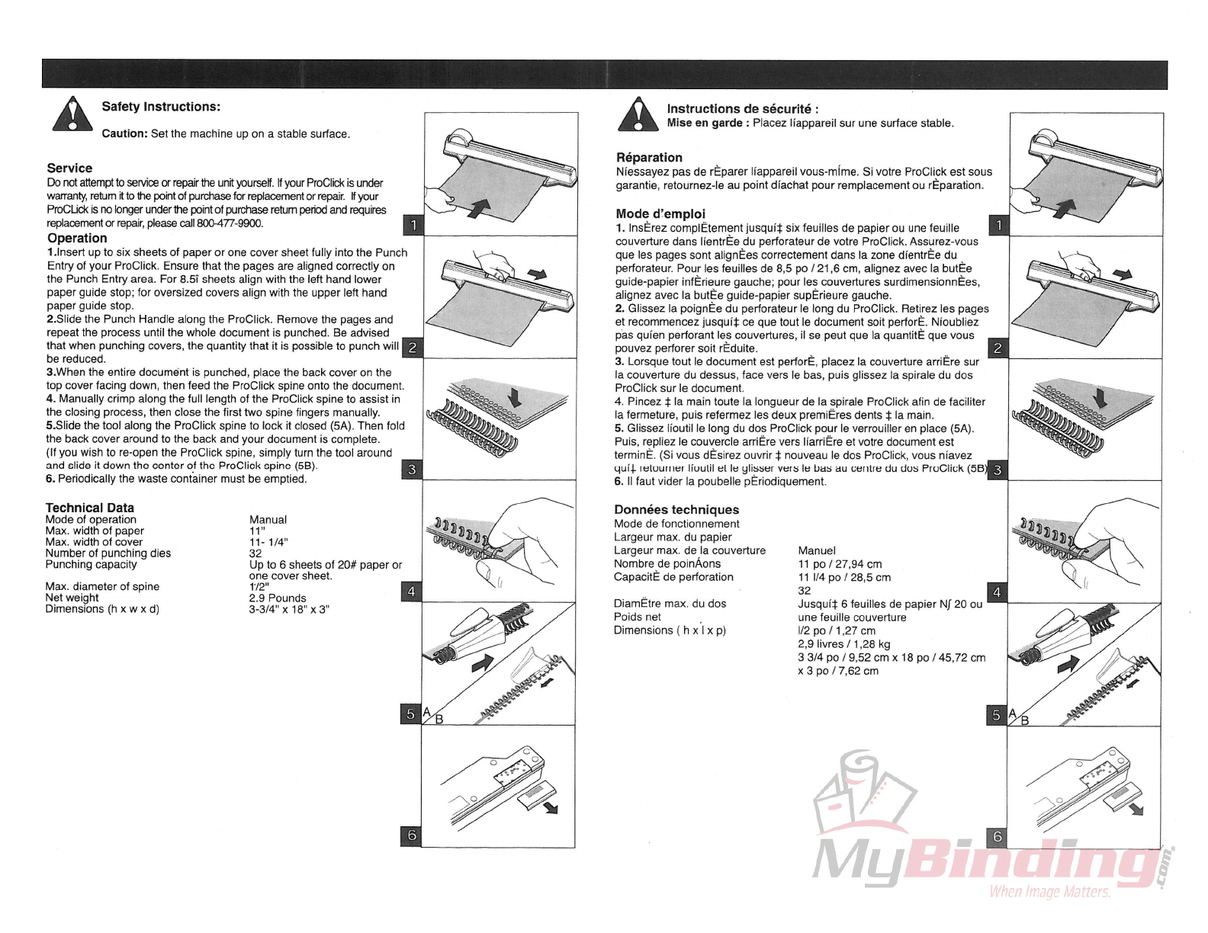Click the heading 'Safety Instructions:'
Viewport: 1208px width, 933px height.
tap(161, 107)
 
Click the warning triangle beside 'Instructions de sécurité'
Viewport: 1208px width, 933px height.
tap(638, 114)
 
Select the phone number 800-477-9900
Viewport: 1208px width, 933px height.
tap(230, 223)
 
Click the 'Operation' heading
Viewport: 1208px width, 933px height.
tap(77, 238)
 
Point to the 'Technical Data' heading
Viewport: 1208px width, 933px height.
tap(90, 508)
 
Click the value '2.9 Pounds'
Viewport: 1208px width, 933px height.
tap(278, 598)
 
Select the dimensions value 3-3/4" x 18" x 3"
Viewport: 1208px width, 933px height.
tap(289, 609)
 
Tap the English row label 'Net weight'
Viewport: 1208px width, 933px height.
tap(72, 598)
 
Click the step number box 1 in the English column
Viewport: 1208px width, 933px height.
tap(413, 225)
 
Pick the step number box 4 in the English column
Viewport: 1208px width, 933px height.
tap(412, 592)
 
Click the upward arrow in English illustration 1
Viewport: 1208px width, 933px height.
tap(477, 206)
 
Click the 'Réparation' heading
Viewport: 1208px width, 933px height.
tap(649, 158)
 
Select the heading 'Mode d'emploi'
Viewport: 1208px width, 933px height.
tap(660, 214)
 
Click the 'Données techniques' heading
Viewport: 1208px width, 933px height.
tap(676, 510)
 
